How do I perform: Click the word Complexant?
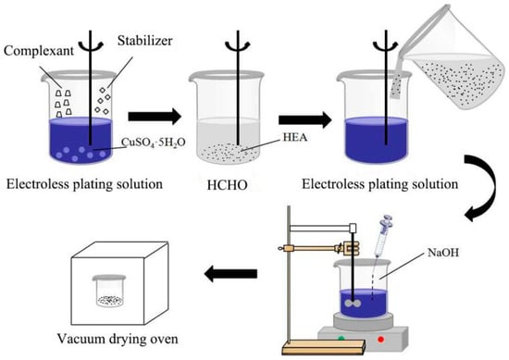[39, 51]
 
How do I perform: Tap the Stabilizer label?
[144, 41]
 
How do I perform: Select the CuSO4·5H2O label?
[154, 143]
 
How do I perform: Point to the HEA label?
[295, 137]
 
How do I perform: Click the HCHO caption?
[228, 185]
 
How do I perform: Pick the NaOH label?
[443, 253]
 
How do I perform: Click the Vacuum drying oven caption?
[118, 339]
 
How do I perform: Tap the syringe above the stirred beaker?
[382, 235]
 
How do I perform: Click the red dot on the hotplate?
[380, 340]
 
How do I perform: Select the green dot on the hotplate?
[341, 339]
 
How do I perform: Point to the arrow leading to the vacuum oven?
[230, 274]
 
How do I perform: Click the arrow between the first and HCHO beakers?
[155, 117]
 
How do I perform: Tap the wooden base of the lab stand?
[324, 347]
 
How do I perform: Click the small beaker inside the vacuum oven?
[109, 291]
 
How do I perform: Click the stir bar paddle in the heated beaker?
[353, 304]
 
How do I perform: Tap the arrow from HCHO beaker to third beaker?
[305, 120]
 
